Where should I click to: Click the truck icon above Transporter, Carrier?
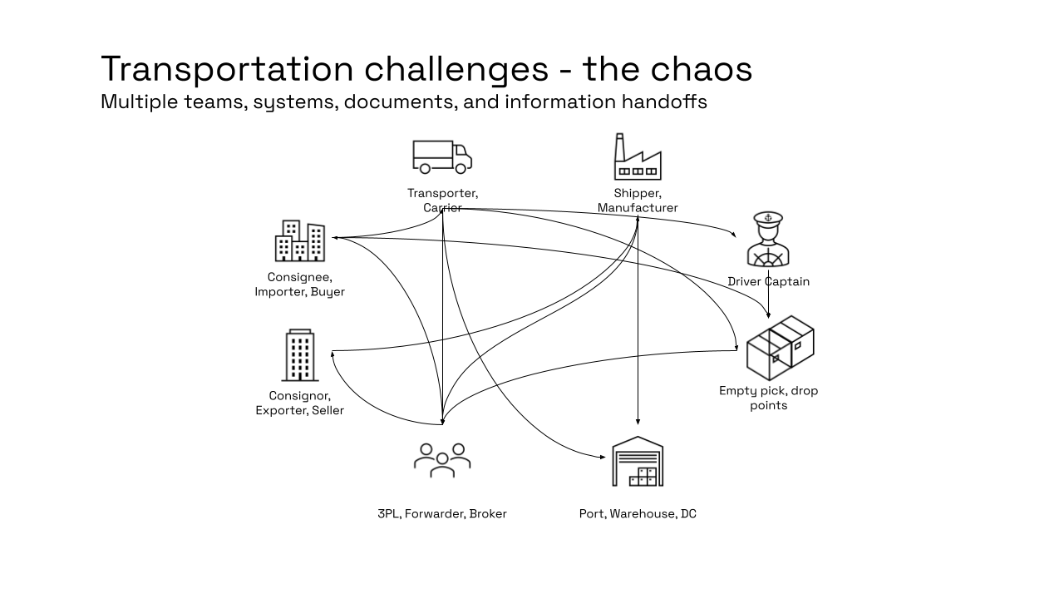[x=441, y=156]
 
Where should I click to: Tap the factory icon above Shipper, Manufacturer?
[x=638, y=158]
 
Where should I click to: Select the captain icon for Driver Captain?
[x=767, y=240]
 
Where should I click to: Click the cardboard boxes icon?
[x=780, y=347]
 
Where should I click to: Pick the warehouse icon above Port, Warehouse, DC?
[x=638, y=462]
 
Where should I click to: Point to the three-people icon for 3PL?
[x=442, y=459]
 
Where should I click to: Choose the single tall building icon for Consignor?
[x=300, y=355]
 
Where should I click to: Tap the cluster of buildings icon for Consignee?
[x=299, y=241]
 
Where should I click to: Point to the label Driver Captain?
[x=768, y=281]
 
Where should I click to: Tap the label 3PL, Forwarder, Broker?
[x=441, y=513]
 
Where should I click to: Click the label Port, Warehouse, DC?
[x=638, y=513]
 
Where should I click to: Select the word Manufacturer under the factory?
[x=638, y=208]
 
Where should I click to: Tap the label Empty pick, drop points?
[x=768, y=398]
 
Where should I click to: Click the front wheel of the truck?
[x=462, y=169]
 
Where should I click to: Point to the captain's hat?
[x=768, y=219]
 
